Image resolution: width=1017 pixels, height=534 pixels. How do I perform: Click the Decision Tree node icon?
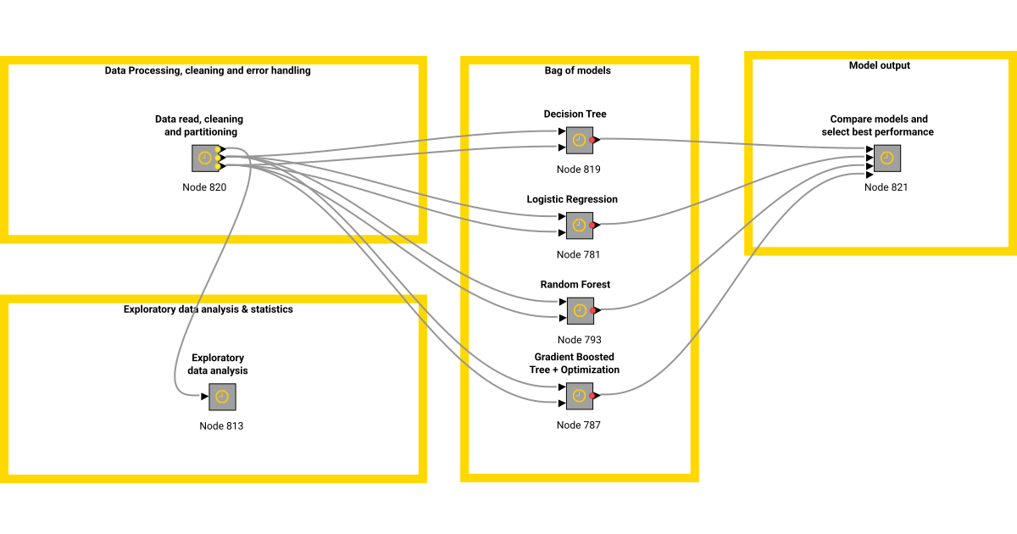click(579, 140)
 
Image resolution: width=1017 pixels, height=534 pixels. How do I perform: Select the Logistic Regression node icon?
click(579, 225)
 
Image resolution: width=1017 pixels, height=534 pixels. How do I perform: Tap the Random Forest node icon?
click(579, 311)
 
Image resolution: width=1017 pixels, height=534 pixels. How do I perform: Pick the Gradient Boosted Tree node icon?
click(579, 396)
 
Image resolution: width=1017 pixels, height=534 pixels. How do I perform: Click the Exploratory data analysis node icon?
click(222, 397)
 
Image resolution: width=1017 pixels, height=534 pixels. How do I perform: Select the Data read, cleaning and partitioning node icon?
click(205, 159)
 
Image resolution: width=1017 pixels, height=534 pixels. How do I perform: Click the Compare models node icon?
click(886, 159)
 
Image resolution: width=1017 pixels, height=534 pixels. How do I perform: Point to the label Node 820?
click(204, 187)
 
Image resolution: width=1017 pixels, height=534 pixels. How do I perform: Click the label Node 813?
click(221, 426)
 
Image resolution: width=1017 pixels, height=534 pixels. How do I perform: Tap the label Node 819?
click(578, 170)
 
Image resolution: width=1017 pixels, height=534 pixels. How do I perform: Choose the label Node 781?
click(578, 254)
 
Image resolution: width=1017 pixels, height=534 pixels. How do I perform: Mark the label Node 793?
click(579, 340)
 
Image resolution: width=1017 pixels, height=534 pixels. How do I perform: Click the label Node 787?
click(578, 425)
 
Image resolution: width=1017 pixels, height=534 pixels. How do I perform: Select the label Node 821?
click(886, 187)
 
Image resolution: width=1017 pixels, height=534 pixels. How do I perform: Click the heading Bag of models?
click(577, 71)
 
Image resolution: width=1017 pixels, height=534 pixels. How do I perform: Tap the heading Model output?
click(880, 65)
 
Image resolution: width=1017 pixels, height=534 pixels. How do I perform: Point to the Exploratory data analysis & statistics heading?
click(208, 309)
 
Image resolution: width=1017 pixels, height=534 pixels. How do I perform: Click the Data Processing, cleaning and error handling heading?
click(208, 71)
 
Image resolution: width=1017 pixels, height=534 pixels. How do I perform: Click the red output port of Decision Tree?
click(593, 139)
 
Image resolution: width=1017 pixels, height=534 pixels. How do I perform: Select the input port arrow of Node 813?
click(205, 397)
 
